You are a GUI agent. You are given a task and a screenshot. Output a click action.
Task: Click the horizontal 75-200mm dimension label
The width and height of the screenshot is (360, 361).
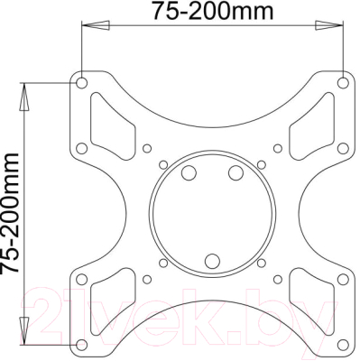(x=213, y=11)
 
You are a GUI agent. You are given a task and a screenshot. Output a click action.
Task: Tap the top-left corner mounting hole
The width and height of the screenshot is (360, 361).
(x=81, y=82)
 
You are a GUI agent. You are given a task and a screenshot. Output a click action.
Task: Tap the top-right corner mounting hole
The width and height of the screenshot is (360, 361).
(x=343, y=82)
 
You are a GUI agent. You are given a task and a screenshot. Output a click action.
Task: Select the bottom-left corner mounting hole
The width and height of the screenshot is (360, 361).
(x=81, y=345)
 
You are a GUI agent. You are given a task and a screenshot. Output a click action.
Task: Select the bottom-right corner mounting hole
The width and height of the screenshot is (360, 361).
(x=343, y=345)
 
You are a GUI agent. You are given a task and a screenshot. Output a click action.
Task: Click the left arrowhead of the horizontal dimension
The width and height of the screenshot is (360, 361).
(x=96, y=25)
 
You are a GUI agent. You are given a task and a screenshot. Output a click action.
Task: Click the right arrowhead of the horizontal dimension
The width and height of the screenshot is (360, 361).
(x=329, y=25)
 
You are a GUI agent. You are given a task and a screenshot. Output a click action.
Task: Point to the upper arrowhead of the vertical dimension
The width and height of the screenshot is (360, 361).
(x=24, y=97)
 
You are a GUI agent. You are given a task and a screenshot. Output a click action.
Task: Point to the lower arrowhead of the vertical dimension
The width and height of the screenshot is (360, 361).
(x=24, y=330)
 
